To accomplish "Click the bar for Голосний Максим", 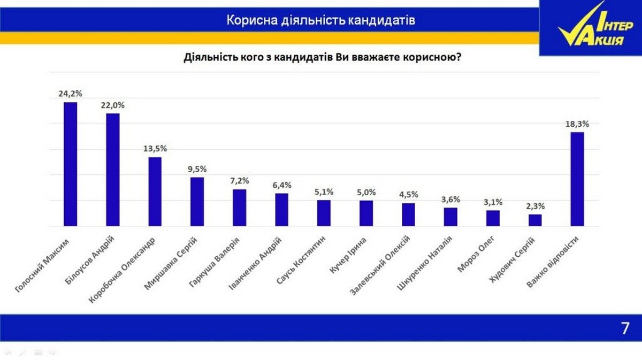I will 70,164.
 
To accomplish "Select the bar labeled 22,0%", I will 112,170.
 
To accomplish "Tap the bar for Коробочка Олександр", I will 155,191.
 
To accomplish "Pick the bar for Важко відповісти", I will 577,179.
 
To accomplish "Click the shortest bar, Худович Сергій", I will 535,220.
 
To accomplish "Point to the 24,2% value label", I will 70,94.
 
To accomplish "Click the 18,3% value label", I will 577,124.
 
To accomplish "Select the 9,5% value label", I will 197,168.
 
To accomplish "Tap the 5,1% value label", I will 324,192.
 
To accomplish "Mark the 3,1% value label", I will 493,202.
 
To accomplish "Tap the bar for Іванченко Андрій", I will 281,209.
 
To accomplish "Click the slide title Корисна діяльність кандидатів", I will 321,20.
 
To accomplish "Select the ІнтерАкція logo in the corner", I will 590,28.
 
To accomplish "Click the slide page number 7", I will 625,328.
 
